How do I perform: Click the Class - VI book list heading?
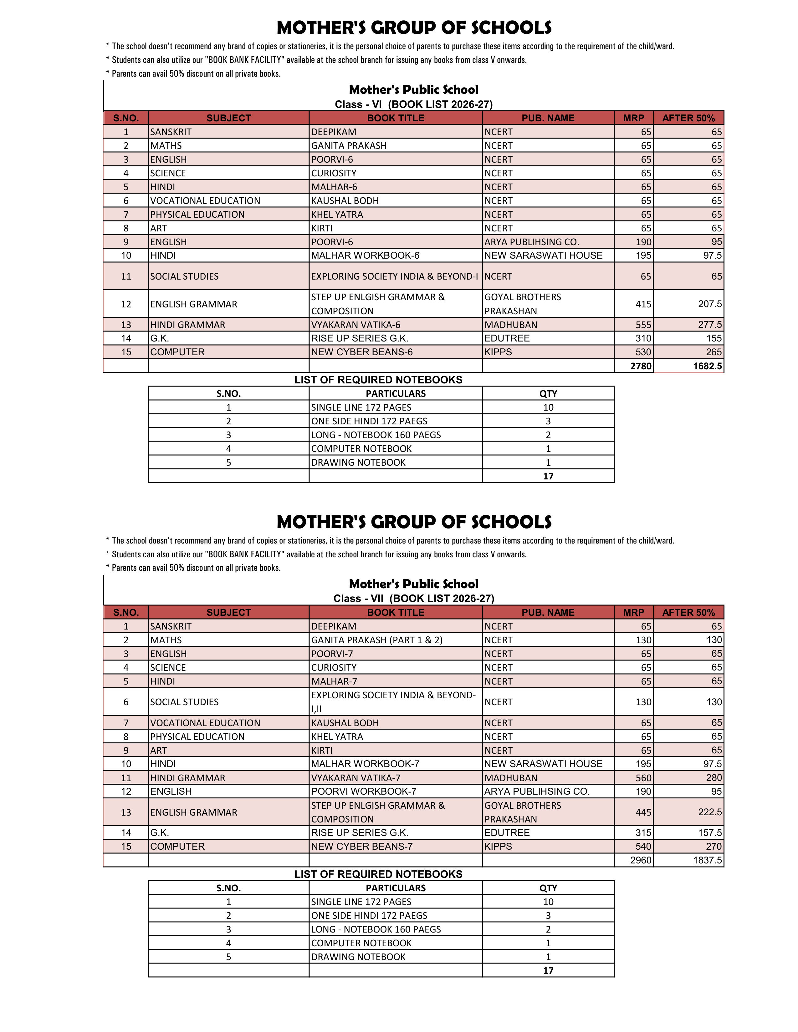[414, 104]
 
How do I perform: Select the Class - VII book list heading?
[414, 599]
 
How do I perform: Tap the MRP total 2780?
[641, 366]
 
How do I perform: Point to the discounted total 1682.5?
[707, 366]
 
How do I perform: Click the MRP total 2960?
[641, 861]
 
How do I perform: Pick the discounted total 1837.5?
[707, 861]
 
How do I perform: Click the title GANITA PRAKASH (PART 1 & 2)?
[377, 640]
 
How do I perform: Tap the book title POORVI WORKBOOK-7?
[364, 792]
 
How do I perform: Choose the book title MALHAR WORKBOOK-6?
[365, 255]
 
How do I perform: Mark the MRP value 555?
[643, 325]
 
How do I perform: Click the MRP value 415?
[643, 304]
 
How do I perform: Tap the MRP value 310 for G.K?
[643, 338]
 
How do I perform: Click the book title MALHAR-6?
[334, 187]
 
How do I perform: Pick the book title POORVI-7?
[332, 654]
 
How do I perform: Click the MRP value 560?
[643, 778]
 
